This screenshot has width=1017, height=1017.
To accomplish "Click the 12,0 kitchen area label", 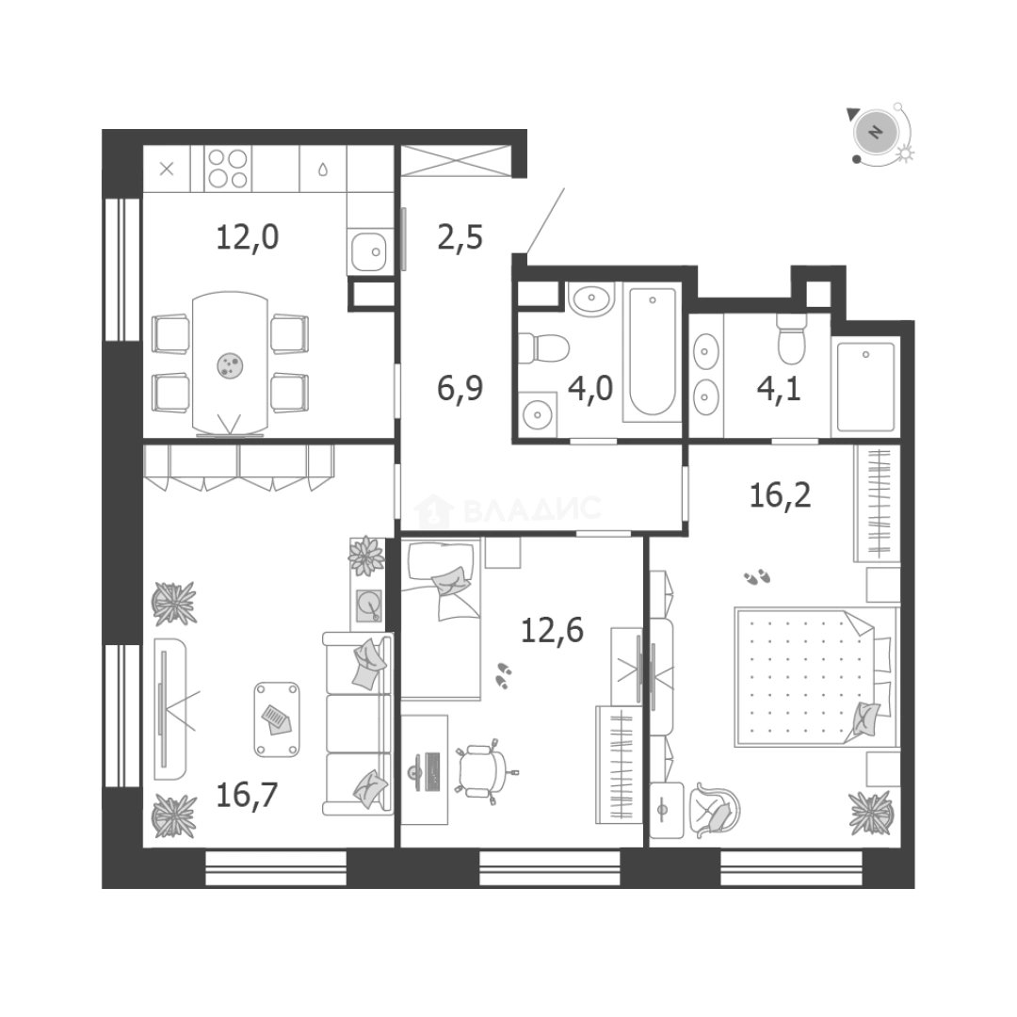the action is point(247,237).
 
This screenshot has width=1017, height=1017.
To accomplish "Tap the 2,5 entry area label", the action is point(460,237).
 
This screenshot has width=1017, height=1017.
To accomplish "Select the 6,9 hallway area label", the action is point(460,389).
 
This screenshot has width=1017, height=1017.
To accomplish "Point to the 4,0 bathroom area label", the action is point(590,389).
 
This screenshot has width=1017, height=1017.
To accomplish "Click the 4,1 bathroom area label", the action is point(779,389).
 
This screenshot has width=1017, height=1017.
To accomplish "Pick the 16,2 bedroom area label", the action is point(780,496).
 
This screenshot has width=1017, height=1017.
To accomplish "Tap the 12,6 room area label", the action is point(552,630).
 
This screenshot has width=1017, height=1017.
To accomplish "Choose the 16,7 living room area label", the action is point(247,795).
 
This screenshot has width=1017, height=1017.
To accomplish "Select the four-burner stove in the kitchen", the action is point(228,169).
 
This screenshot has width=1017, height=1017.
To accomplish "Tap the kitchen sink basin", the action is point(369,251).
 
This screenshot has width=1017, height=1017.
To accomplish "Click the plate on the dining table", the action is point(231,365).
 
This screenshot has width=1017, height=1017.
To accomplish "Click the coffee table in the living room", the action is point(277,719).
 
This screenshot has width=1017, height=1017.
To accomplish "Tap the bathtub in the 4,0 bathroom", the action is point(652,352).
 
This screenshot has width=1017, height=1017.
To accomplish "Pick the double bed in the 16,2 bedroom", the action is point(815,676).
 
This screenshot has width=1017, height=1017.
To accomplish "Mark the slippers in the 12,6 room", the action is point(503,675).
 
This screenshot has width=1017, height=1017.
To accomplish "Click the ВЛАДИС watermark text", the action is point(532,508).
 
